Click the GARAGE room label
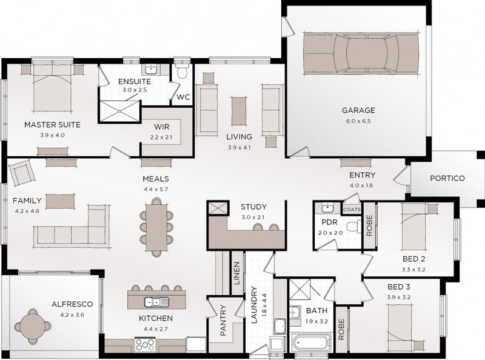click(358, 110)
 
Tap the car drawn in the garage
click(361, 53)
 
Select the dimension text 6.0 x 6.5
click(358, 121)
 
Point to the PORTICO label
click(447, 178)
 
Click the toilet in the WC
click(181, 70)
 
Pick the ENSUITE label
click(135, 82)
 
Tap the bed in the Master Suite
click(52, 88)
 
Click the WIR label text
click(161, 127)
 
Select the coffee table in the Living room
click(239, 111)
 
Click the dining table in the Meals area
click(156, 227)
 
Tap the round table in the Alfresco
click(33, 326)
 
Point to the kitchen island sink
click(156, 301)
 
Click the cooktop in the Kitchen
click(145, 344)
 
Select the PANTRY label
click(223, 321)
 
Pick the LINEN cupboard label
click(236, 273)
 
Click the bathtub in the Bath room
click(310, 343)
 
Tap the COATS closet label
click(352, 209)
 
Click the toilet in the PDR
click(354, 227)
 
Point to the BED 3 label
click(398, 287)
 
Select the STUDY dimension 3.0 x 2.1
click(253, 217)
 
